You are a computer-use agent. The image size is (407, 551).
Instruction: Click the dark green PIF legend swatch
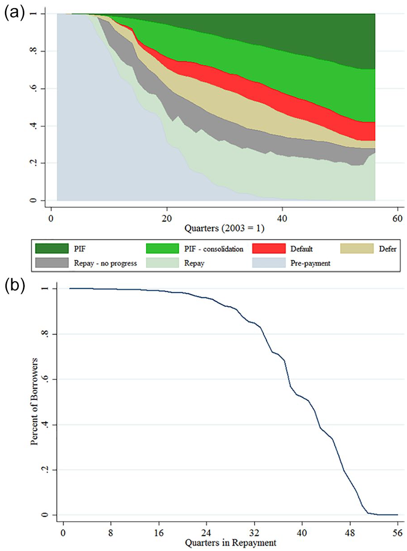[52, 249]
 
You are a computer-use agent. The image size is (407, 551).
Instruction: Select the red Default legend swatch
[269, 249]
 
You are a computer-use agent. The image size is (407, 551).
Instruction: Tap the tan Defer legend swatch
[357, 249]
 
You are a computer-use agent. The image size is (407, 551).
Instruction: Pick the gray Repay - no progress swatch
[52, 263]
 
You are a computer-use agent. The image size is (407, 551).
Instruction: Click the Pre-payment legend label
[310, 263]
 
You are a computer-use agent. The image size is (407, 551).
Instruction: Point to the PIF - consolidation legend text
[213, 249]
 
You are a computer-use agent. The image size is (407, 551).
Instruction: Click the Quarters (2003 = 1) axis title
[224, 228]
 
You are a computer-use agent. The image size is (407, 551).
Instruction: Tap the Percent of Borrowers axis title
[34, 402]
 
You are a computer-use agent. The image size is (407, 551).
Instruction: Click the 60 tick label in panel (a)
[397, 218]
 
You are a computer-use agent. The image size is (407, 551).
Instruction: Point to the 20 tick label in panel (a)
[167, 218]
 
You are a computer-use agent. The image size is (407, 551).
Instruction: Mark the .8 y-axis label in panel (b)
[45, 334]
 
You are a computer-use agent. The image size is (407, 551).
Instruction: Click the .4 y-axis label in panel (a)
[34, 126]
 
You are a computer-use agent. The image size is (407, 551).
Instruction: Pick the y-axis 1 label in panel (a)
[34, 14]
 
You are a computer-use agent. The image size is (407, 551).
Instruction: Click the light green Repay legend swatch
[163, 263]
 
